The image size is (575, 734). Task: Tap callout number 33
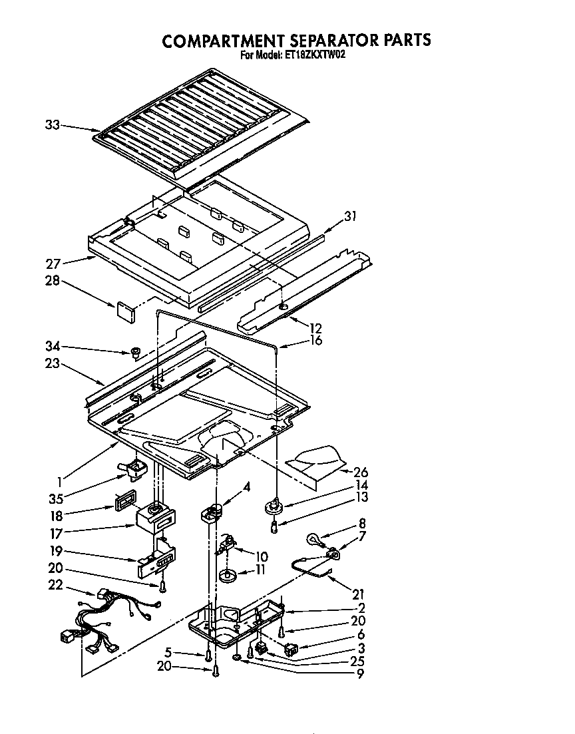pyautogui.click(x=53, y=124)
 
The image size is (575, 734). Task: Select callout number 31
pyautogui.click(x=350, y=215)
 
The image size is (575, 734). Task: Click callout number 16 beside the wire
pyautogui.click(x=315, y=341)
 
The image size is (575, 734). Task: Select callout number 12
pyautogui.click(x=315, y=328)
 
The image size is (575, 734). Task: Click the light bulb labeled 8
pyautogui.click(x=313, y=538)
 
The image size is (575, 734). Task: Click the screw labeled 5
pyautogui.click(x=208, y=655)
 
